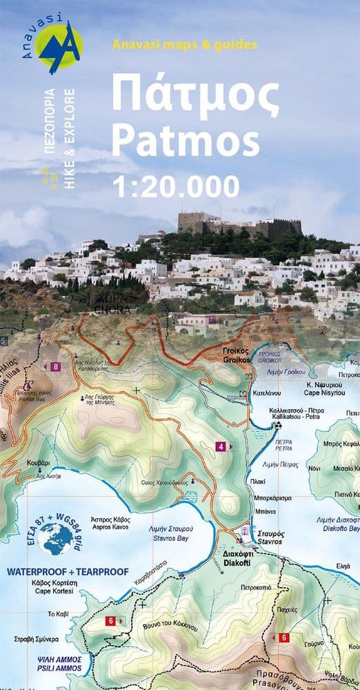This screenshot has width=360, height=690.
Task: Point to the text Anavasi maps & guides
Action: point(184,44)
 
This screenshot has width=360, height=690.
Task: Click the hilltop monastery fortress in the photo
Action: point(239,225)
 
